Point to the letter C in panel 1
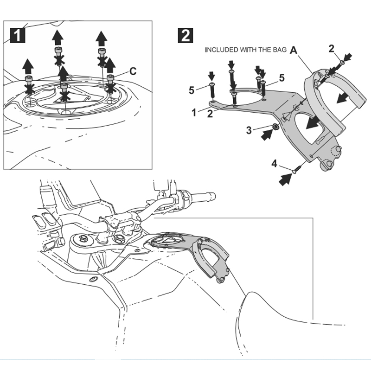coord(132,71)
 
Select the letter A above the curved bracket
coord(294,51)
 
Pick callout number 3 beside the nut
coord(249,130)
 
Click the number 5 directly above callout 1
coord(192,90)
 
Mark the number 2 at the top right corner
coord(332,49)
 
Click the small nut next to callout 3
coord(275,126)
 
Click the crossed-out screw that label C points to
coord(110,79)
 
